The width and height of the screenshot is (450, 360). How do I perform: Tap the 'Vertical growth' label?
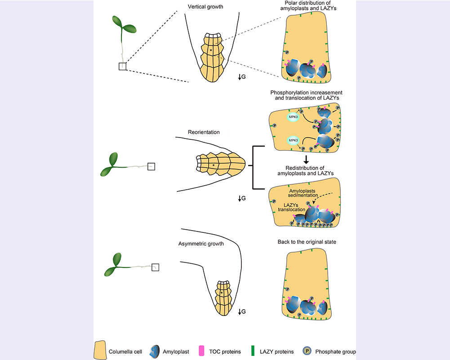click(x=205, y=7)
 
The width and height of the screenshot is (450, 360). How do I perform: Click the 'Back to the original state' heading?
click(x=307, y=242)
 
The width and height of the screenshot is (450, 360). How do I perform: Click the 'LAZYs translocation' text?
click(x=295, y=207)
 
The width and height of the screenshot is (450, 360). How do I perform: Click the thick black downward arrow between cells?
click(x=306, y=159)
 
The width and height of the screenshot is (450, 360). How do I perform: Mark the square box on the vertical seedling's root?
click(x=123, y=66)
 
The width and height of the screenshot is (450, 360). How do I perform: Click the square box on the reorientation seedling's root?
click(x=151, y=166)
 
